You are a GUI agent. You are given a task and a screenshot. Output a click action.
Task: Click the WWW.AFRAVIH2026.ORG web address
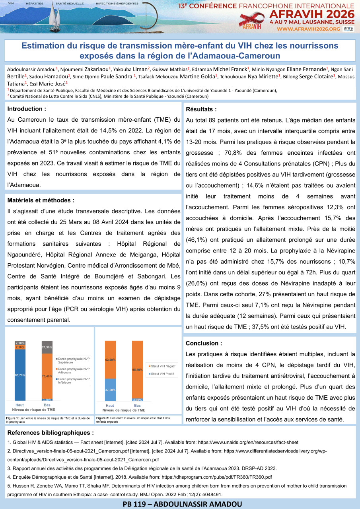pos(308,29)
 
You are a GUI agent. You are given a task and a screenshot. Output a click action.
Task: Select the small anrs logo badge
pos(348,29)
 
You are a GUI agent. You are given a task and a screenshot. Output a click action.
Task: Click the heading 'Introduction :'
pos(27,109)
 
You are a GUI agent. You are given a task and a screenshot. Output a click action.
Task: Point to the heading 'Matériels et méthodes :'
pos(41,200)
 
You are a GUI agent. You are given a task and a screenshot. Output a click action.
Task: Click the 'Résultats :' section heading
pos(201,109)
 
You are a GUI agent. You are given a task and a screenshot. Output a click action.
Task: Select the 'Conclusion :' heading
pos(204,343)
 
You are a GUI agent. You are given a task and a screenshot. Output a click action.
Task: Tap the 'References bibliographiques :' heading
pos(51,433)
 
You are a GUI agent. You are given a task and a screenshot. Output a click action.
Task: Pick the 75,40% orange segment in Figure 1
pos(47,376)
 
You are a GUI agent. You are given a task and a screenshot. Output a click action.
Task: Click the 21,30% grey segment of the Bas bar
pos(47,347)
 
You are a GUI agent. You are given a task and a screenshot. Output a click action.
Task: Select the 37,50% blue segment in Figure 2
pos(110,390)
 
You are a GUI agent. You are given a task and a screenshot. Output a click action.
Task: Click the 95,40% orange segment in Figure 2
pos(137,369)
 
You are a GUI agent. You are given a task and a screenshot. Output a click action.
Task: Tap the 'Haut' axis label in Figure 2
pos(110,405)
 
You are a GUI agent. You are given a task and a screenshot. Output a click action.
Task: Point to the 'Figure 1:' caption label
pos(12,418)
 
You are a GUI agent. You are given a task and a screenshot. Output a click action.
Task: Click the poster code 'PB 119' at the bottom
pos(138,504)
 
